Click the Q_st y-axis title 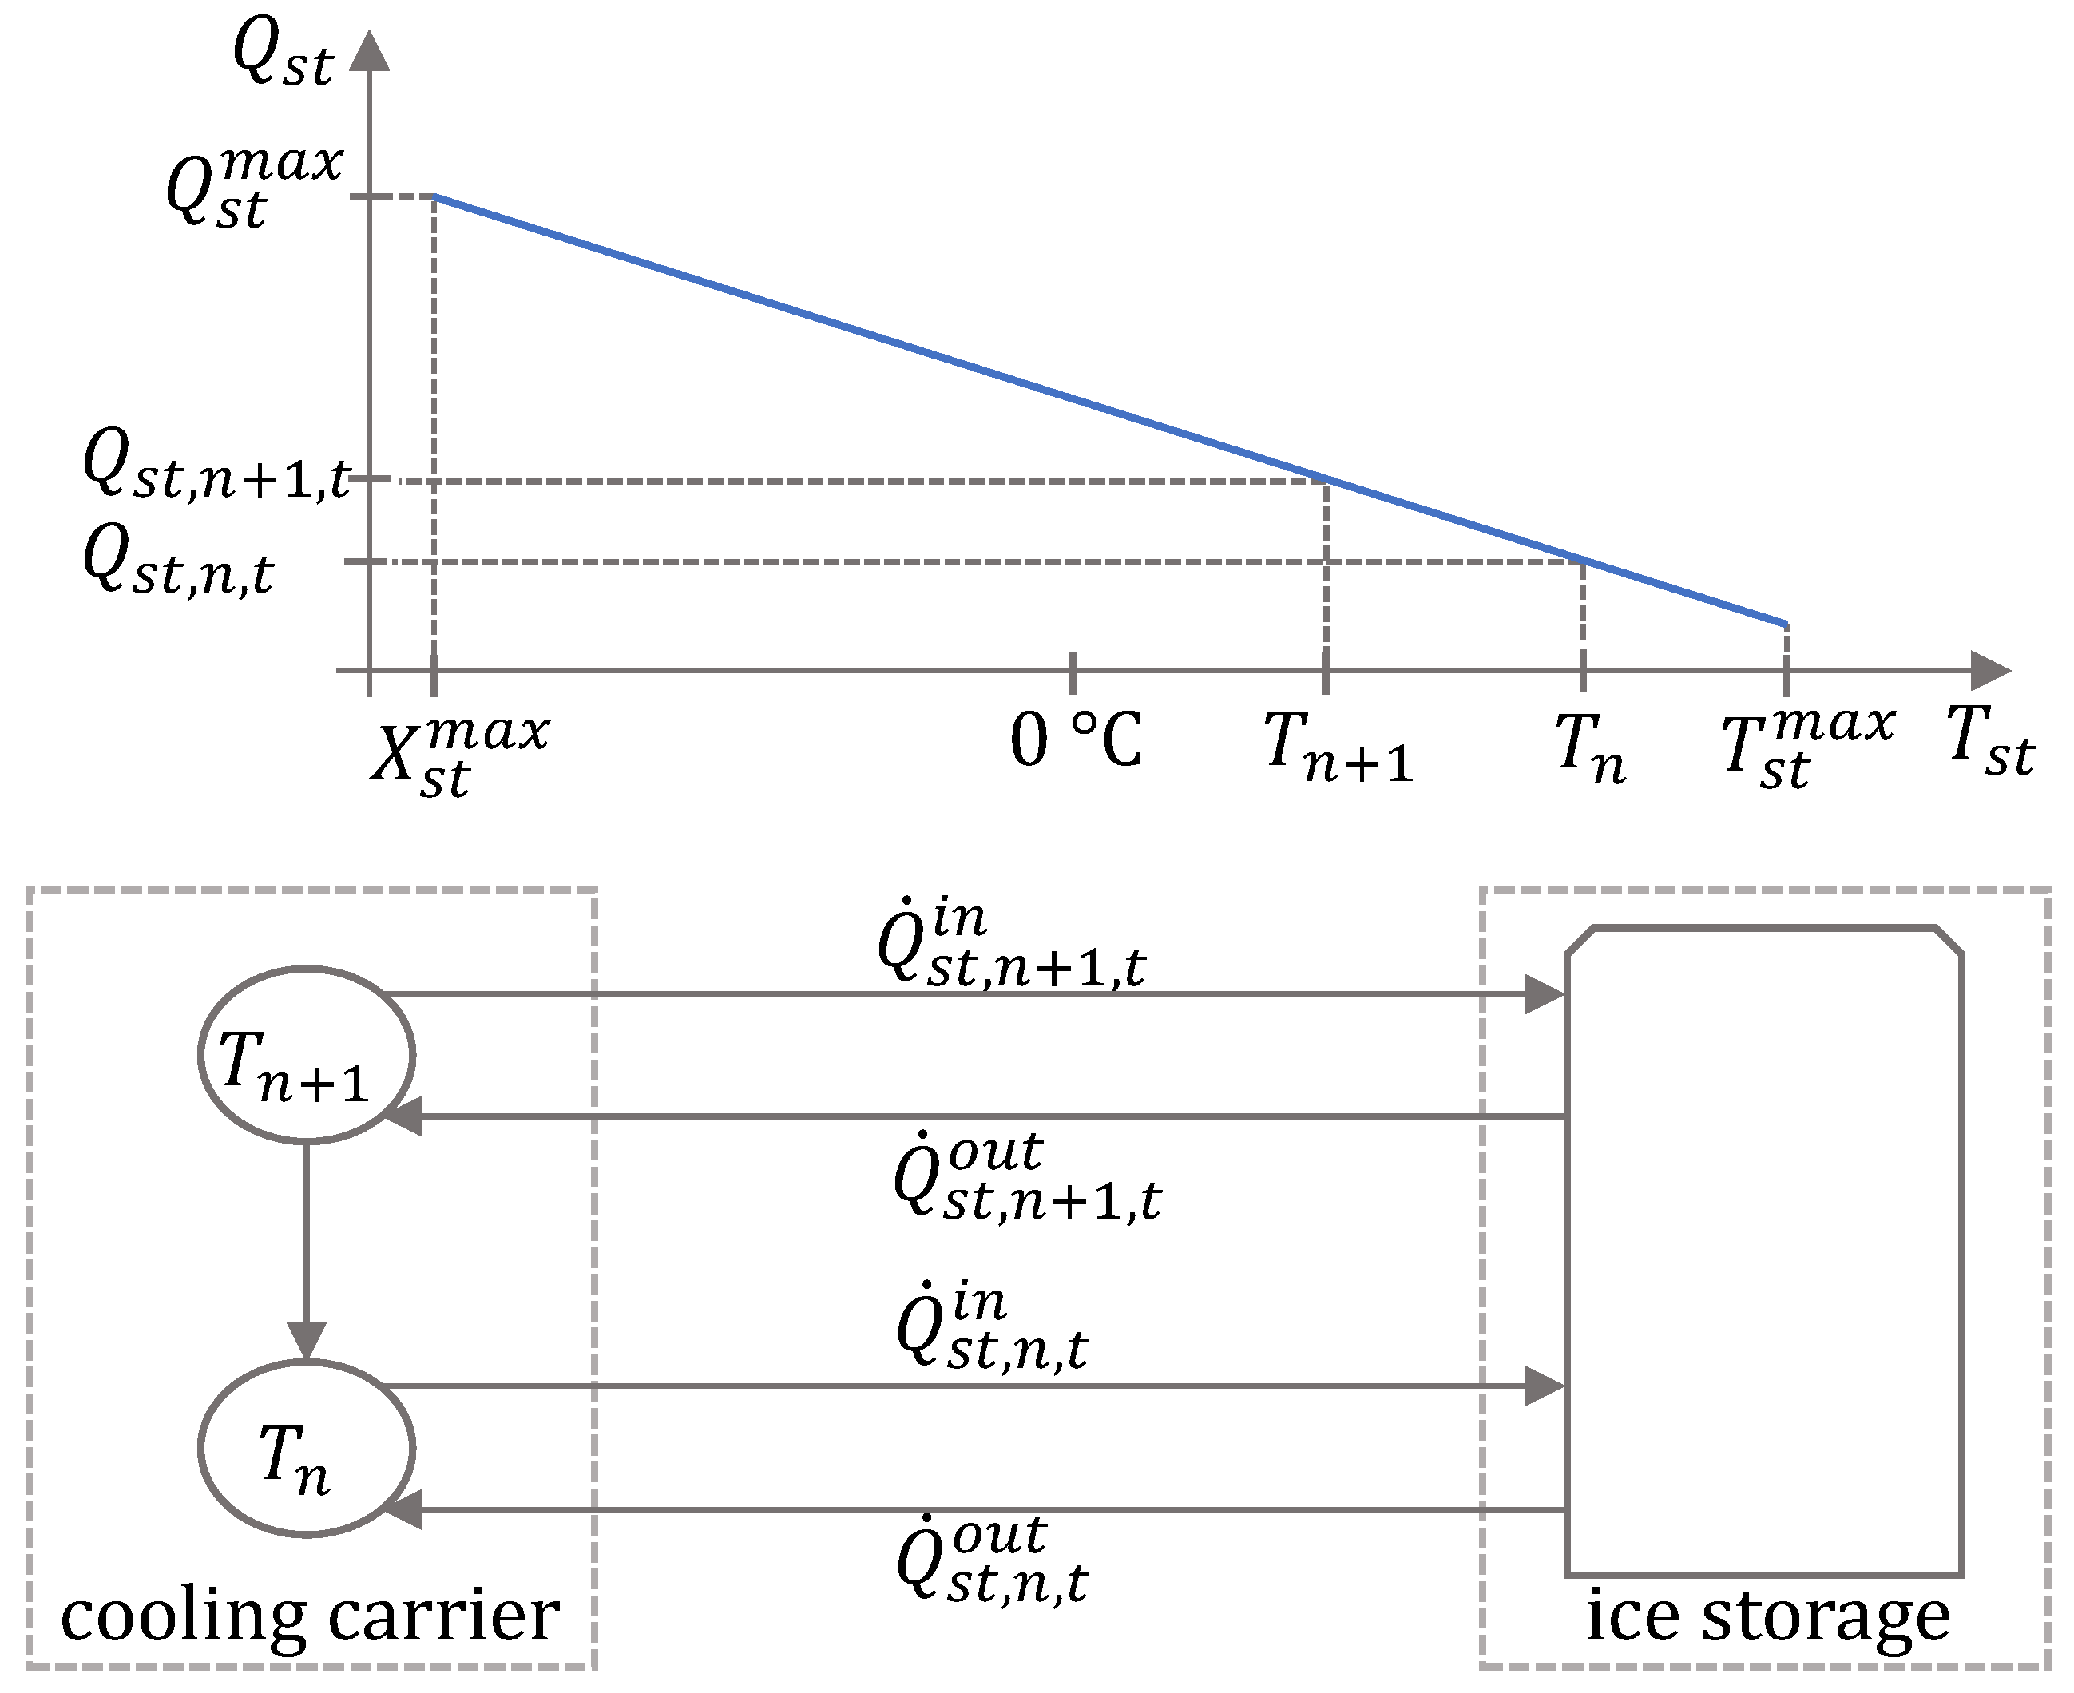282,57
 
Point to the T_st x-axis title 1989,741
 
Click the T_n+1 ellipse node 306,1054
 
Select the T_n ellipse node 306,1448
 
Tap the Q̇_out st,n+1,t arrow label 1027,1177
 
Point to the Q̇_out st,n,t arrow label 991,1560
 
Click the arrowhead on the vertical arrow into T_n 306,1339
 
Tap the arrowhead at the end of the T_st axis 1989,671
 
